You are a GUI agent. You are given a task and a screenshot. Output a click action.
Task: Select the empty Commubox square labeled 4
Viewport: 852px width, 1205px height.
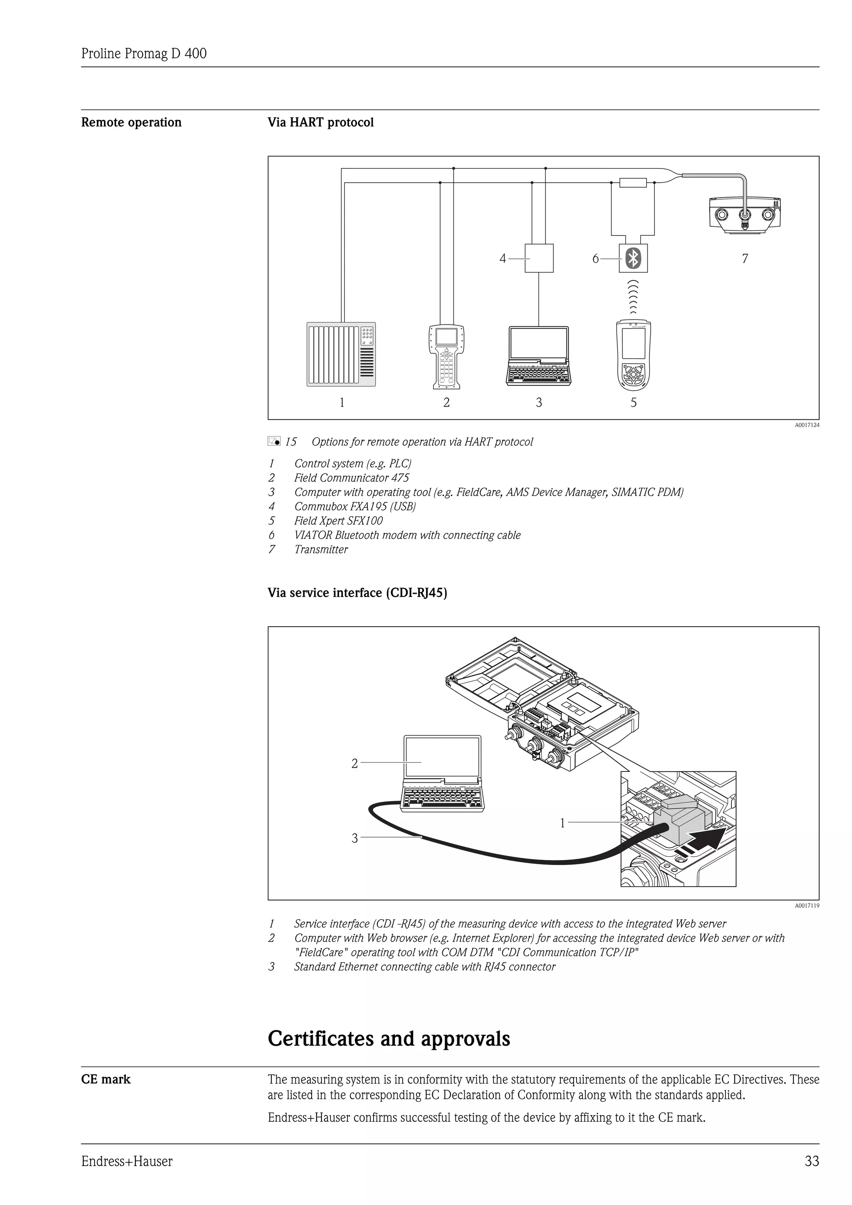(x=539, y=258)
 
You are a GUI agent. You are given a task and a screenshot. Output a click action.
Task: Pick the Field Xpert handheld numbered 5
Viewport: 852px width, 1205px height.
(x=633, y=356)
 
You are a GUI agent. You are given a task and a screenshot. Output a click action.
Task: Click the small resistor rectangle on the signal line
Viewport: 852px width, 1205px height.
(x=633, y=183)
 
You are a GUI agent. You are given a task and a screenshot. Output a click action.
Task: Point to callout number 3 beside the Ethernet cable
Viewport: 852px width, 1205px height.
(x=354, y=838)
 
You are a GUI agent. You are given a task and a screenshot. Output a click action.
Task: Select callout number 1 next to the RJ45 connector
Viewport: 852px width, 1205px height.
(x=562, y=823)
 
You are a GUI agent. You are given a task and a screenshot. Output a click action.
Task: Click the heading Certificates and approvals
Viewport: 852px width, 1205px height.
(x=389, y=1038)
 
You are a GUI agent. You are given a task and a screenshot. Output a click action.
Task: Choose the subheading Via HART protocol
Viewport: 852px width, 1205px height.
(x=321, y=122)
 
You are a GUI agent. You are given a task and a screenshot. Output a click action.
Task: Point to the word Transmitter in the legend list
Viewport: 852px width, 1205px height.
(x=321, y=550)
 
